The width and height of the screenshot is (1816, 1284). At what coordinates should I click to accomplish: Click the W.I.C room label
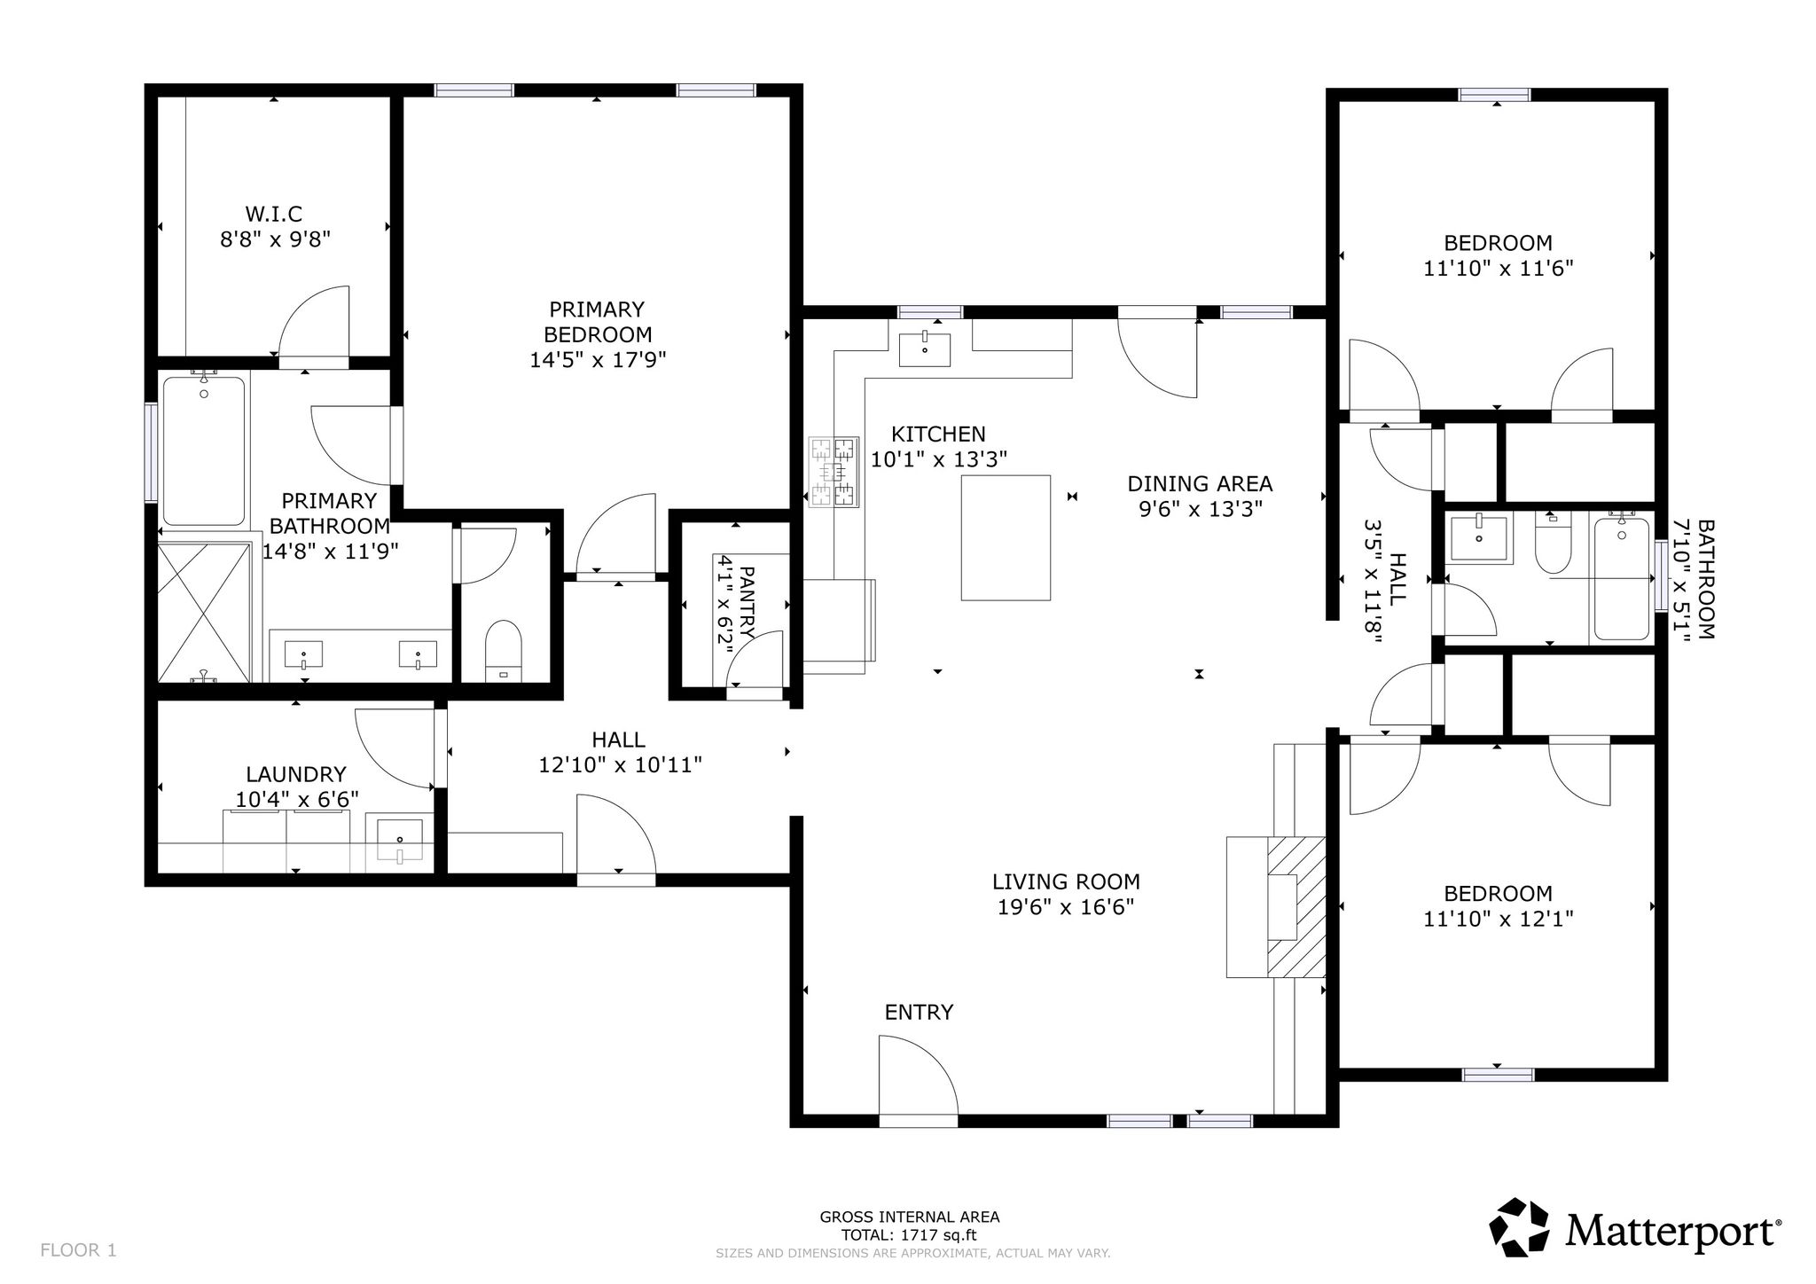[274, 214]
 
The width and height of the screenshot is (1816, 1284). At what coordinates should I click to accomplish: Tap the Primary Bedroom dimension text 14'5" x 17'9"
[598, 360]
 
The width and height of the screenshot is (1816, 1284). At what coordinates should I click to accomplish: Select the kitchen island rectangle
[1006, 537]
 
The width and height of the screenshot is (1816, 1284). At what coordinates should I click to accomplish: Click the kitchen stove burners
[834, 472]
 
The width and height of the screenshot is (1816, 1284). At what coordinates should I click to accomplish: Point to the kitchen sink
[925, 349]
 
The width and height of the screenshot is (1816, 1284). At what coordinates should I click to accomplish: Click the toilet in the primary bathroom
[504, 651]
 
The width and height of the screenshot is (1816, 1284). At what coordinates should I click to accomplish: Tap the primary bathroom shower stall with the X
[203, 612]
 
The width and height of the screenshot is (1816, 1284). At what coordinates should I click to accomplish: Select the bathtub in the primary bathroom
[203, 451]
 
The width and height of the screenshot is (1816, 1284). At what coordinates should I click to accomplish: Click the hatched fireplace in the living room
[1295, 907]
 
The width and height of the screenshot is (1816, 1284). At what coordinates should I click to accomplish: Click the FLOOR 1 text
[78, 1250]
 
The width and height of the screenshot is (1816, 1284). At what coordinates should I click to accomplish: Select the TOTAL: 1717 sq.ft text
[910, 1235]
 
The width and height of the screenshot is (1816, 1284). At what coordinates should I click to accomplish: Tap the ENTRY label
[919, 1012]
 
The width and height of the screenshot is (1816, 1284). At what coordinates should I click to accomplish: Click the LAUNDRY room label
[296, 774]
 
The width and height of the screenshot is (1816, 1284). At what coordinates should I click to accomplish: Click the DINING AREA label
[1200, 483]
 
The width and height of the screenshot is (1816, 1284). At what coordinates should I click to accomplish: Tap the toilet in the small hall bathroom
[1553, 542]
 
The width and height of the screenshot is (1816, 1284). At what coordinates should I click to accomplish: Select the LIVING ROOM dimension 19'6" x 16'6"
[1066, 907]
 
